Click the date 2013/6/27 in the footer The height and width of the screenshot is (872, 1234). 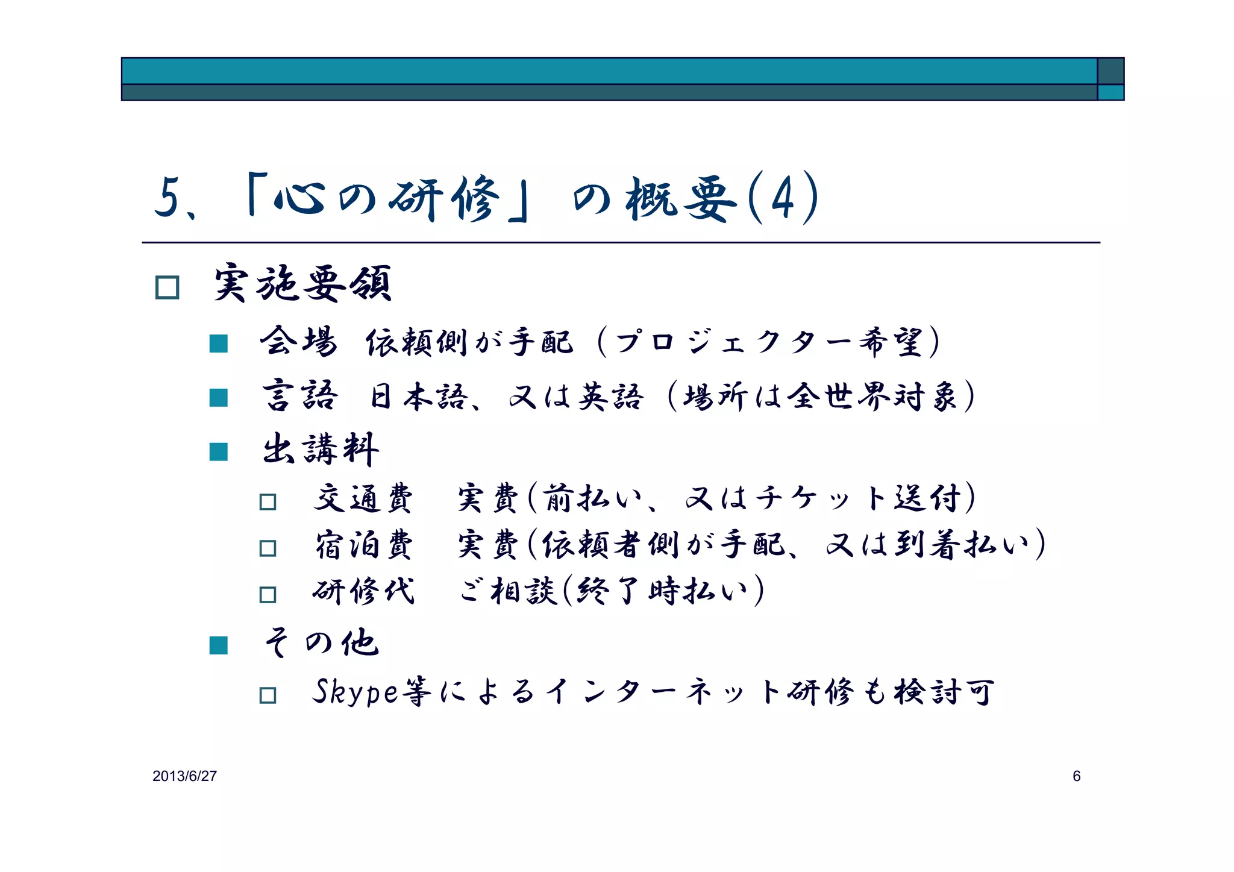click(184, 776)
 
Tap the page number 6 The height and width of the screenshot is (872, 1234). click(1076, 776)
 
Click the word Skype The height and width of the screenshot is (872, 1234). click(355, 692)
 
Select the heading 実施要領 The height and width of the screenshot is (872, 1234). click(303, 283)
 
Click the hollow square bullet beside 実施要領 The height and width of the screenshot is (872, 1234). click(167, 287)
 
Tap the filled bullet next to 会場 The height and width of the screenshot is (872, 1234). click(218, 343)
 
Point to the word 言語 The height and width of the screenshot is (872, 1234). click(299, 396)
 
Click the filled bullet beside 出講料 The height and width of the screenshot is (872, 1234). click(218, 451)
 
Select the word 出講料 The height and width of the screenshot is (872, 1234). click(321, 449)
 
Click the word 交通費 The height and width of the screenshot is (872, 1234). click(363, 499)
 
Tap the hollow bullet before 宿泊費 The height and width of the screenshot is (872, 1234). click(268, 548)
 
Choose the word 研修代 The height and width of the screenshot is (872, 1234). click(363, 591)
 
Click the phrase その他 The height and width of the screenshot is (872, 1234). click(321, 642)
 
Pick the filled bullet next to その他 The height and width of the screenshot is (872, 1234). click(218, 645)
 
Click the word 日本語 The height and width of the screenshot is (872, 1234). click(419, 397)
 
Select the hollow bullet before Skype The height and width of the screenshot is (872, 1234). click(268, 695)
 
